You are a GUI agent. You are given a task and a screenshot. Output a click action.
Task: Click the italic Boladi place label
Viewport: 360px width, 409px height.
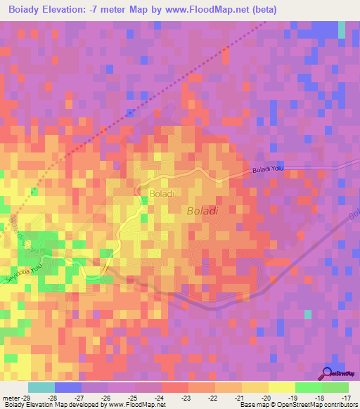click(203, 210)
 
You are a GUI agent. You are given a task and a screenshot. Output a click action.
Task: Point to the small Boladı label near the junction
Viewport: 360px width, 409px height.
click(160, 192)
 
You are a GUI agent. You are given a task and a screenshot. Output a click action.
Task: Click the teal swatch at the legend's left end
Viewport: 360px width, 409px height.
click(41, 387)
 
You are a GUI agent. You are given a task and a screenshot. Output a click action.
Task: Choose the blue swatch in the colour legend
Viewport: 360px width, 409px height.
click(68, 387)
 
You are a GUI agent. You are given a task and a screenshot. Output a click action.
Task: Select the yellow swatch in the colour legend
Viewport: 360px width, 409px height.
click(281, 387)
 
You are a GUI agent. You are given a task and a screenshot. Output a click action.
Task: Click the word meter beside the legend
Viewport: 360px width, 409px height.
click(10, 398)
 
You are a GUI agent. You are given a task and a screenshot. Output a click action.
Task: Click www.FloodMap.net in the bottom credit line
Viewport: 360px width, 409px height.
click(136, 405)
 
